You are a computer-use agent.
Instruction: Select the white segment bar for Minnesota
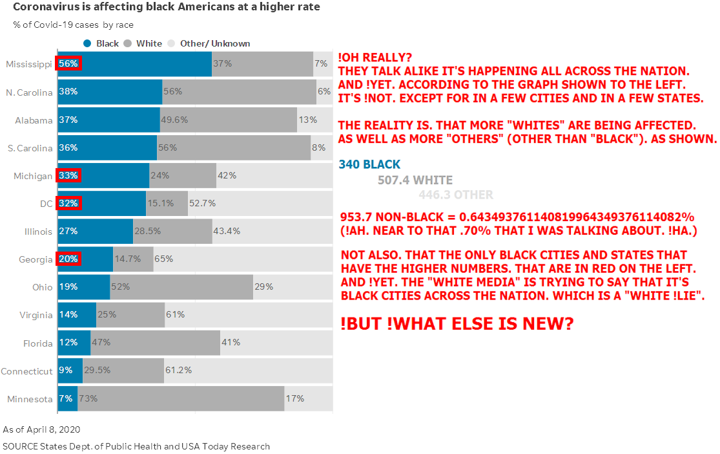181,398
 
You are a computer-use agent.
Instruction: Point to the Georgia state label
36,259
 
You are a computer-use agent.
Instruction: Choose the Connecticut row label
26,371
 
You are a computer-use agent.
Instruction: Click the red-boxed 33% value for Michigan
68,175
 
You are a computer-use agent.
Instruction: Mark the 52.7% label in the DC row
202,203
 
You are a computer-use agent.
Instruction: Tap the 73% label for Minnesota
88,398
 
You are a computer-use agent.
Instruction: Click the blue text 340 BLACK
369,164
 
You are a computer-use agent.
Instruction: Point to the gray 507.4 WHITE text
415,180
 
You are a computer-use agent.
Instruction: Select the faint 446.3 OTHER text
455,195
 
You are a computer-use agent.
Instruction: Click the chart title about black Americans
166,7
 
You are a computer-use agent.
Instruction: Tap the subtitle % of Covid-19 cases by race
73,25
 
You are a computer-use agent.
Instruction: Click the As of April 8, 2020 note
41,429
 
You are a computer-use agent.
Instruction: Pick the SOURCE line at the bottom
136,446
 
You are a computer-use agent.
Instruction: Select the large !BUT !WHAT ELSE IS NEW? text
457,323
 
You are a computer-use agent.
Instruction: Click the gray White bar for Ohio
181,286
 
